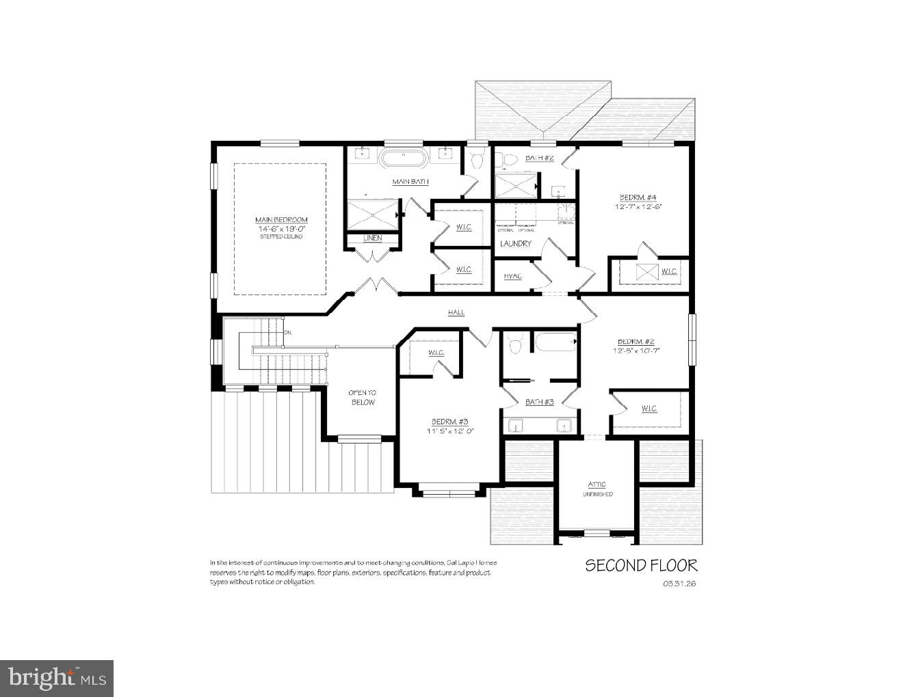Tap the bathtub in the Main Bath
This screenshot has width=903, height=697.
[x=404, y=159]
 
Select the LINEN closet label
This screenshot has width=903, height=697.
[x=372, y=238]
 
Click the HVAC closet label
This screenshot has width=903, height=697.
[x=512, y=276]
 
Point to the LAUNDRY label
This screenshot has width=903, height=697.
[x=516, y=243]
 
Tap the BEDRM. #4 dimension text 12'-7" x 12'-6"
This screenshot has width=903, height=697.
[x=638, y=206]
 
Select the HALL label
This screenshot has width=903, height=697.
[x=456, y=312]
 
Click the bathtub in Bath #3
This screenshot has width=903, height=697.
[x=555, y=342]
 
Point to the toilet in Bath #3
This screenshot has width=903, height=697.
[x=517, y=344]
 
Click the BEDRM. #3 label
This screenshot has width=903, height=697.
[x=449, y=422]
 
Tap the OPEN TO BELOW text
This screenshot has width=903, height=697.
[x=363, y=398]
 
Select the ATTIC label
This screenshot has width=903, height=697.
[x=597, y=484]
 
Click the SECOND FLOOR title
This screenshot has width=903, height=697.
[x=641, y=565]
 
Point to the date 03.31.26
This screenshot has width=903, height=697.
[x=679, y=584]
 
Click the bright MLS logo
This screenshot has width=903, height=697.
[x=57, y=678]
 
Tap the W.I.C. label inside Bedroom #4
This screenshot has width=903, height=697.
[x=668, y=271]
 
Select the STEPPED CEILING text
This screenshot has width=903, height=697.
[x=281, y=236]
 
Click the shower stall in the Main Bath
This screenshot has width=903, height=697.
[x=371, y=216]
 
